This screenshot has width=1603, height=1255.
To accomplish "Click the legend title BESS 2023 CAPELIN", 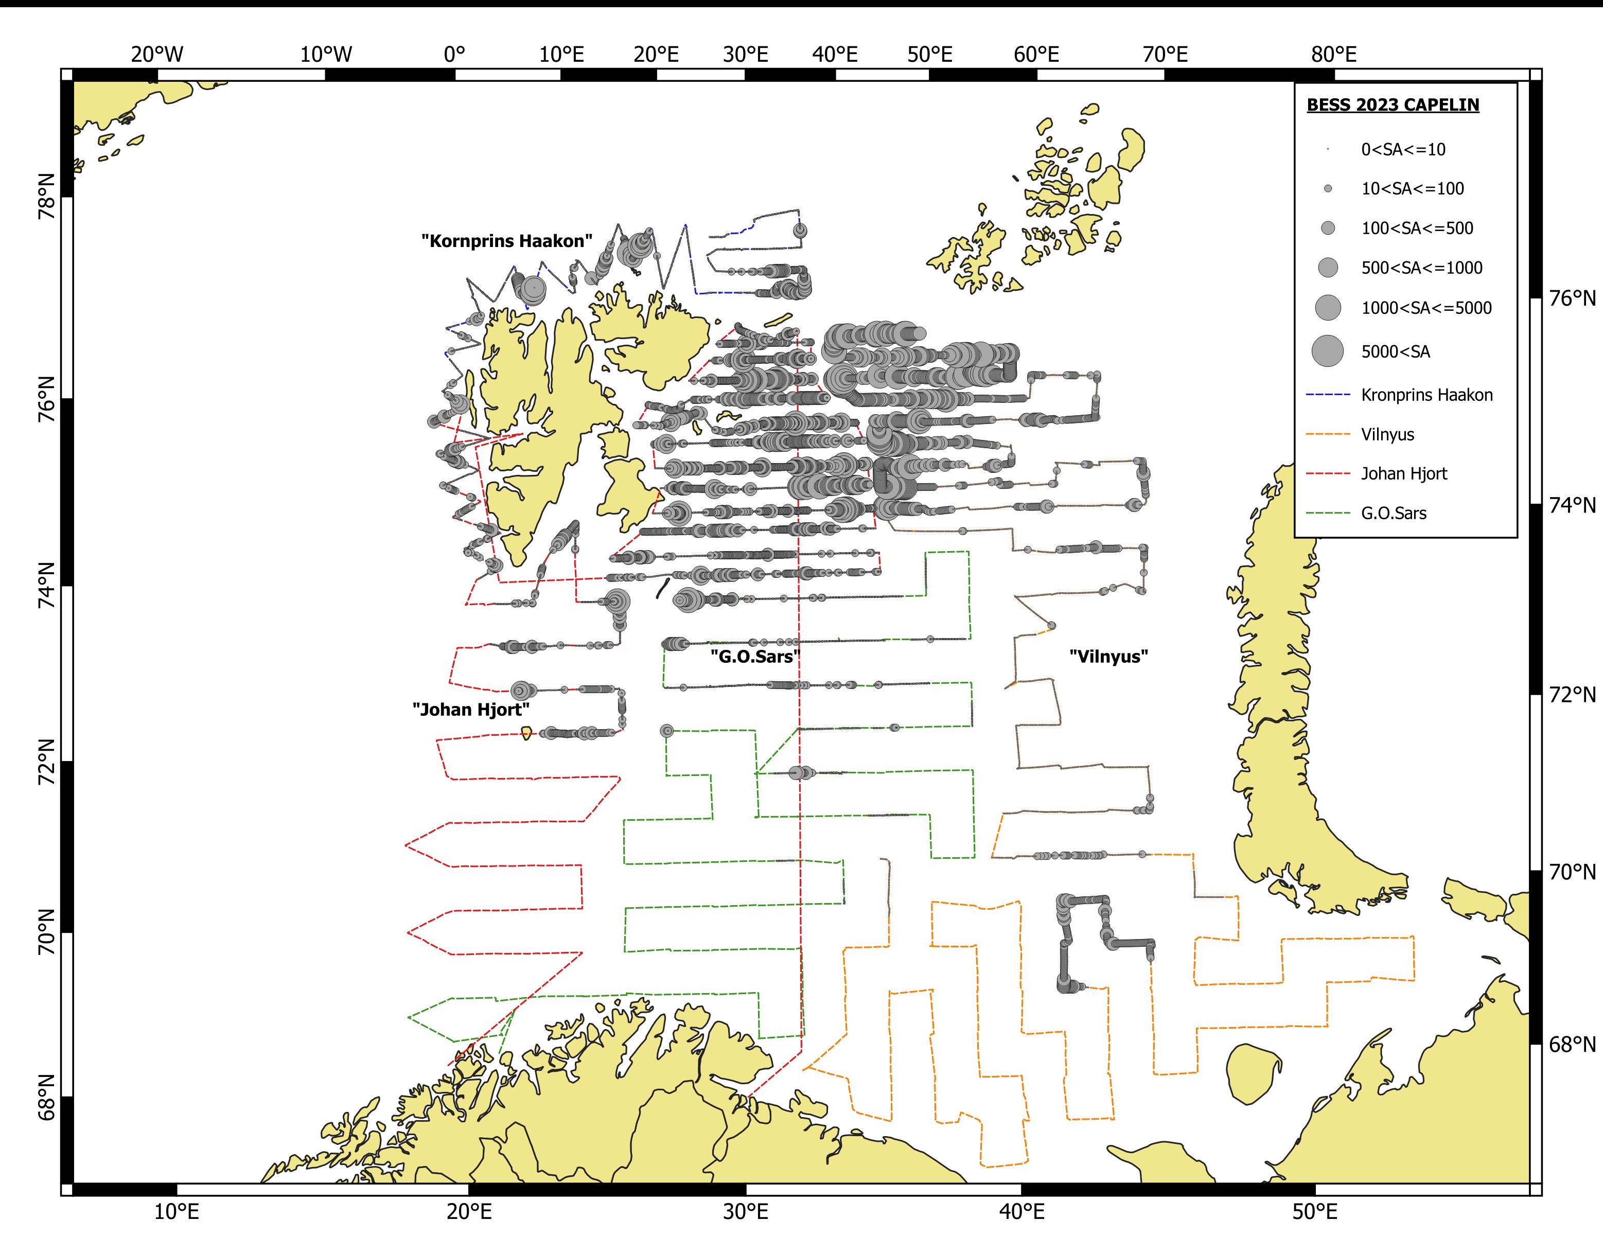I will (1393, 105).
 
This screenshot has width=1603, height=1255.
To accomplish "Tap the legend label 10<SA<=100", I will (1412, 189).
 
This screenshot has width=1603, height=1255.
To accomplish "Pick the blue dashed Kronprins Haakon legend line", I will (1328, 395).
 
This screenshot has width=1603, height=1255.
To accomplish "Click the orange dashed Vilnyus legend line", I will (1328, 434).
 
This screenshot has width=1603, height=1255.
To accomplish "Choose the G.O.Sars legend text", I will (1393, 514).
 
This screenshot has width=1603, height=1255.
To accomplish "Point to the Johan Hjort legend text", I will (1403, 474).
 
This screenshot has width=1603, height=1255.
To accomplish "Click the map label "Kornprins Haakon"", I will (507, 241).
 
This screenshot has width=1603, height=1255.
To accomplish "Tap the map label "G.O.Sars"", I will (754, 656).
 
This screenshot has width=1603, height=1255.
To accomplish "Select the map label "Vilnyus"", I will (1108, 656).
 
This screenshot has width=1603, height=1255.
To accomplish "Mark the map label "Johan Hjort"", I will (471, 709).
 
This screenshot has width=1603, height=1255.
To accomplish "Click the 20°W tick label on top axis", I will (157, 55).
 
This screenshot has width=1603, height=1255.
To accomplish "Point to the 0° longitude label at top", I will (455, 55).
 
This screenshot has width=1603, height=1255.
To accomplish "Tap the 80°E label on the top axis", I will (1333, 55).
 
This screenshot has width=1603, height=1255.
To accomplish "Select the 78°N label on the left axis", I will (46, 196).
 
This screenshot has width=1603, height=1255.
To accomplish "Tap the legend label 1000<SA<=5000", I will (1426, 308).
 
